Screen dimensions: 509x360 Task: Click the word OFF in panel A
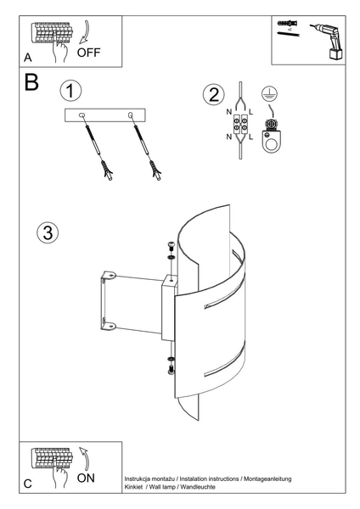tap(88, 52)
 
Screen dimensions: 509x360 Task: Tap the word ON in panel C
tap(86, 478)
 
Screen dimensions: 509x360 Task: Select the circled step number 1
tap(71, 91)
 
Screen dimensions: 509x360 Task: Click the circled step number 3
tap(48, 232)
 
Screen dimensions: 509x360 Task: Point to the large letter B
tap(31, 84)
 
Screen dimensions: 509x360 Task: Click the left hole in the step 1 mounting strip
tap(82, 115)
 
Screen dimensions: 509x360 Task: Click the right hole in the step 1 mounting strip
tap(130, 115)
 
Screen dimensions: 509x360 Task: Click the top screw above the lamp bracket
tap(170, 248)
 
